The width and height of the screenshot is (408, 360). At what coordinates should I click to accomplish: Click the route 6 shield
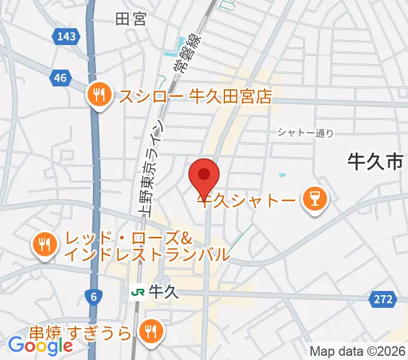point(94,296)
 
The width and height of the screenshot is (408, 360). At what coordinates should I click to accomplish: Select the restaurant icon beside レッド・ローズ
point(45,245)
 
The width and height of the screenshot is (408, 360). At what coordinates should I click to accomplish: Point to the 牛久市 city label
point(374,161)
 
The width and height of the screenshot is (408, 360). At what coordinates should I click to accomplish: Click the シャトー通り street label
point(305,134)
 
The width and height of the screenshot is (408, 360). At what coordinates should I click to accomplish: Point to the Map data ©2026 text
point(358,352)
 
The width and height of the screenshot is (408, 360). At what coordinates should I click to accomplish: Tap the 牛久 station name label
point(163,292)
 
